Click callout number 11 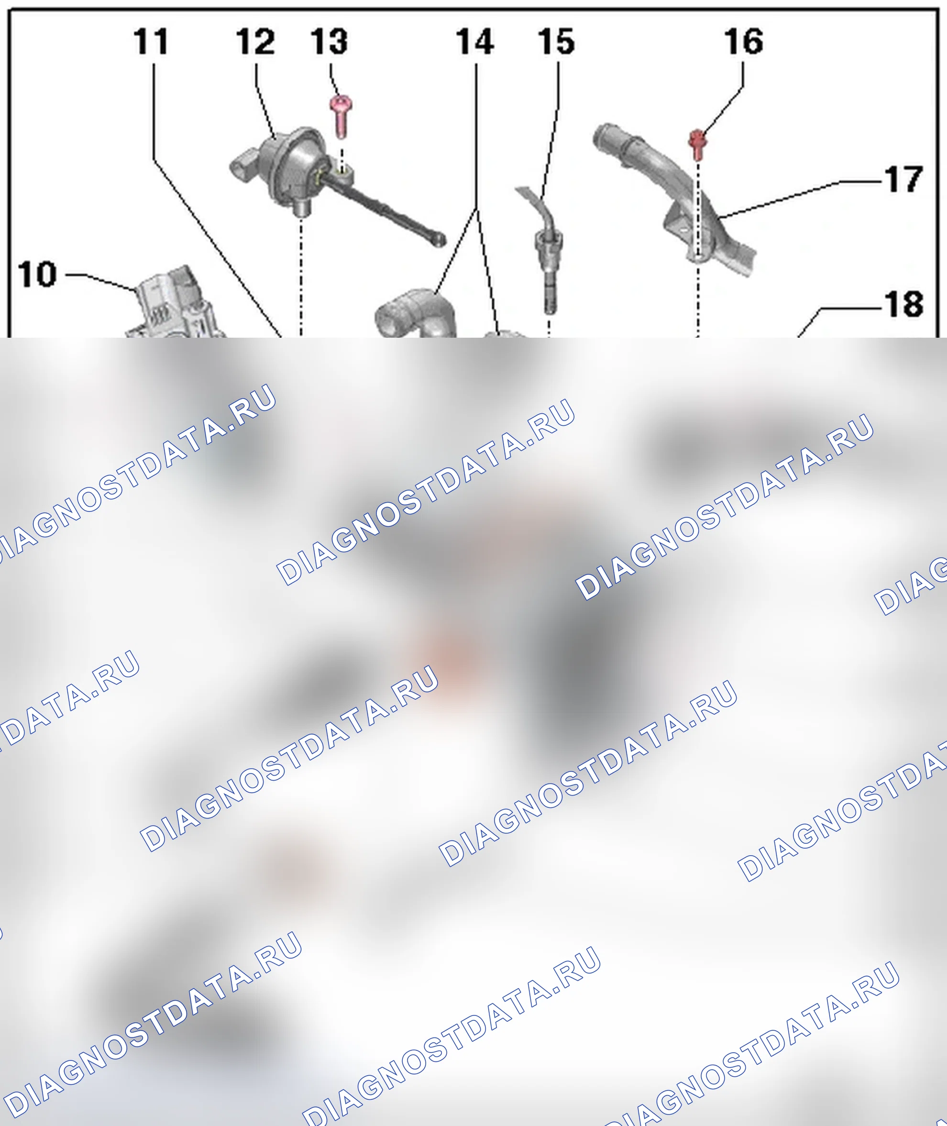(151, 42)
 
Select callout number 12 (255, 42)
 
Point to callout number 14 (475, 42)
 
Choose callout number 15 (557, 42)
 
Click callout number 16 (744, 42)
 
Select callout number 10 (37, 275)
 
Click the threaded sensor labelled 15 (548, 258)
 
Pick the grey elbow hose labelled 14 (416, 314)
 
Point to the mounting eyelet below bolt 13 (341, 172)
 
